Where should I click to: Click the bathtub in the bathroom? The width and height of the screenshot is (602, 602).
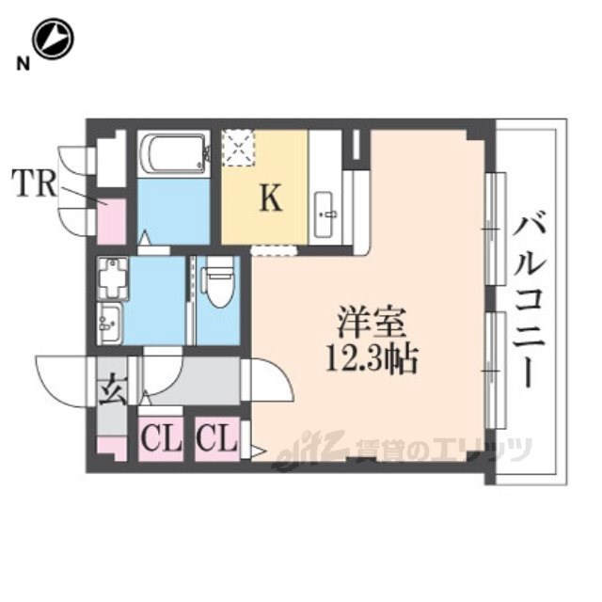[172, 152]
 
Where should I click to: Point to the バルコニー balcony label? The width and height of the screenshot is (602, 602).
[527, 300]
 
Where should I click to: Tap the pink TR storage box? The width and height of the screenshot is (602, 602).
[111, 221]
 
